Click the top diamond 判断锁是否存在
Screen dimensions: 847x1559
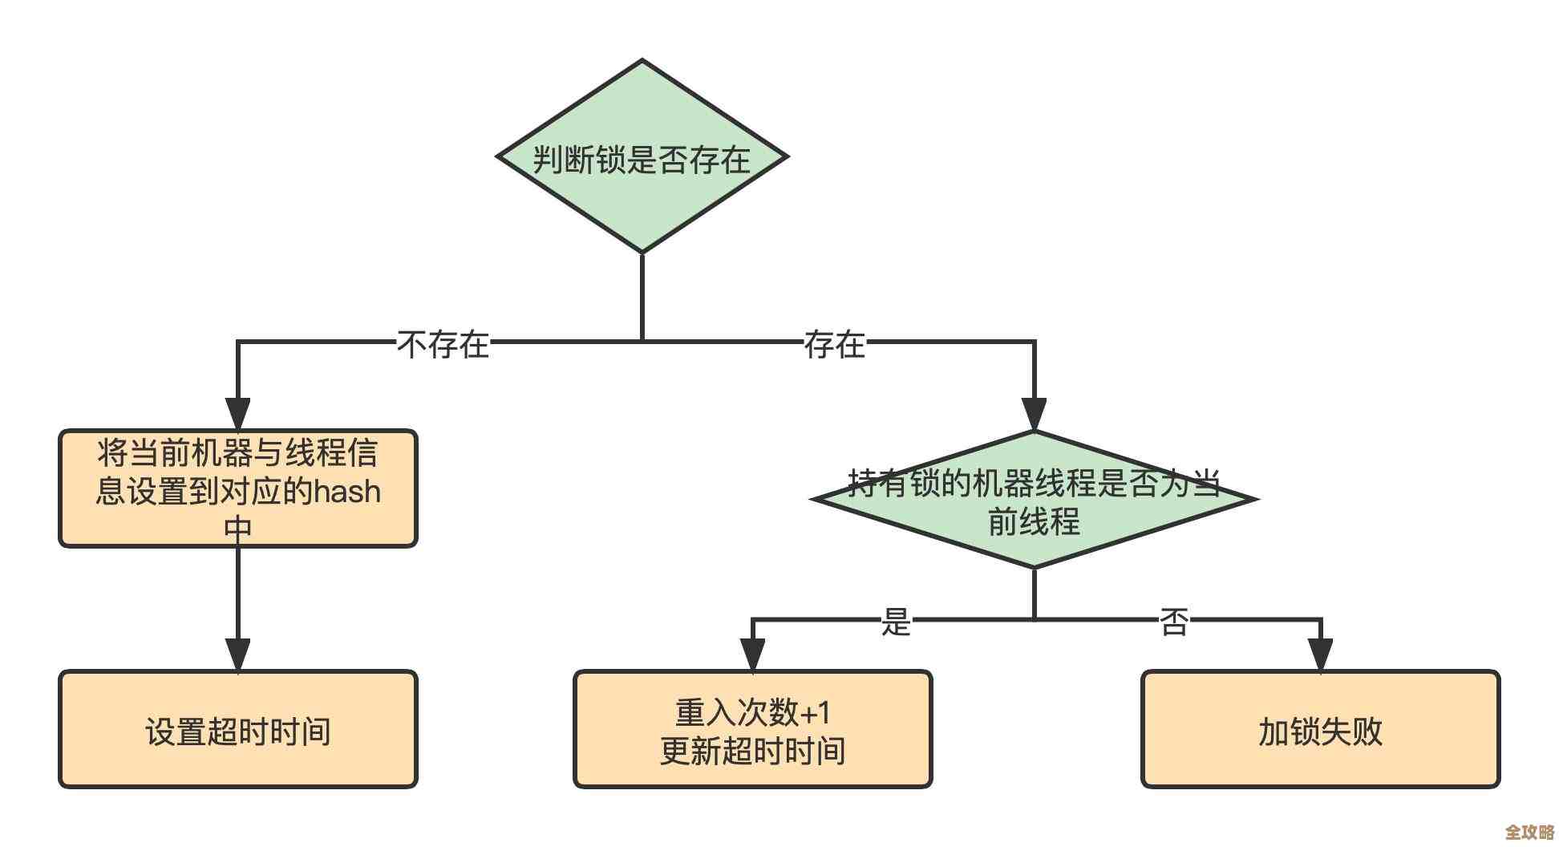click(x=642, y=157)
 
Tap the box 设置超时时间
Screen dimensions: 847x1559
click(x=238, y=730)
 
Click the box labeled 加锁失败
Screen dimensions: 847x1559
click(x=1320, y=730)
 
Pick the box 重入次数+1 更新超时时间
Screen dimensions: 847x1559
click(x=752, y=730)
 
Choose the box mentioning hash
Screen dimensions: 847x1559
click(x=238, y=488)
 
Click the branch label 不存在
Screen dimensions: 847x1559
click(x=443, y=344)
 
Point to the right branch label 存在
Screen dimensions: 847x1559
click(x=835, y=344)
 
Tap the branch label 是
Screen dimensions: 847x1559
click(x=896, y=621)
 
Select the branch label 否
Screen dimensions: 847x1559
click(x=1174, y=621)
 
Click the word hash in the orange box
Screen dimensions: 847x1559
click(x=346, y=491)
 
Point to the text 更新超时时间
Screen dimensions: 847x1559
click(x=752, y=751)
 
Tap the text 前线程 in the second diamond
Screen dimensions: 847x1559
click(x=1034, y=522)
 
